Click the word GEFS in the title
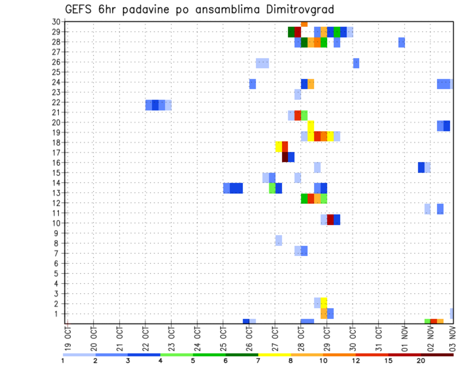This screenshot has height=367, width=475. pos(79,9)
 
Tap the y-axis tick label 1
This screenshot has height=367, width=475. pos(58,314)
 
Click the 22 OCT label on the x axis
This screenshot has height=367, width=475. pos(146,336)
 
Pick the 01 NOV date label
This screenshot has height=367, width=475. pos(404,336)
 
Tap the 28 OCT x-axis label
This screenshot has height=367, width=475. pos(301,336)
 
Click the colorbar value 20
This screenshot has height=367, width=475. pos(421,361)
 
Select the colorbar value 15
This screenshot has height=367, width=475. pos(388,361)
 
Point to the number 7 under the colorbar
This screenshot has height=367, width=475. pos(258,361)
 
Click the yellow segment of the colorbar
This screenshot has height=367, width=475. pos(274,355)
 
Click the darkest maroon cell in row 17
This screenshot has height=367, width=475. pos(285,157)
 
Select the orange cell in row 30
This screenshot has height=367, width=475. pos(304,24)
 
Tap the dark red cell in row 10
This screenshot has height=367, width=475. pos(330,220)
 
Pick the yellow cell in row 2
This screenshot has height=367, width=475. pos(324,303)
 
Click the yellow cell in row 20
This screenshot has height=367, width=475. pos(311,126)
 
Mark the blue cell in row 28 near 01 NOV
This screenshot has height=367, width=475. pos(401,43)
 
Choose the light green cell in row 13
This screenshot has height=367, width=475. pos(272,188)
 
